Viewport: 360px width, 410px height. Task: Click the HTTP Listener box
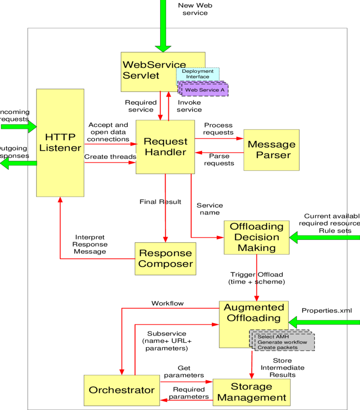pyautogui.click(x=60, y=143)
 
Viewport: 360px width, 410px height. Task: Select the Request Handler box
pyautogui.click(x=165, y=147)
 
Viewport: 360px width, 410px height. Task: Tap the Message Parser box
pyautogui.click(x=271, y=150)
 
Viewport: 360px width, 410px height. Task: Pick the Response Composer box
pyautogui.click(x=165, y=258)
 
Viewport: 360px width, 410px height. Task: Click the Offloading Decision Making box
pyautogui.click(x=256, y=237)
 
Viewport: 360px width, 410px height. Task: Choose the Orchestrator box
pyautogui.click(x=122, y=390)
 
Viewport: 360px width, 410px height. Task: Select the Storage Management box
pyautogui.click(x=251, y=392)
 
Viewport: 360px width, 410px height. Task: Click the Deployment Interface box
pyautogui.click(x=198, y=74)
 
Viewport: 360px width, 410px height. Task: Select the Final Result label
pyautogui.click(x=160, y=202)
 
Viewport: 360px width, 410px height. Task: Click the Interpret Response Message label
pyautogui.click(x=90, y=245)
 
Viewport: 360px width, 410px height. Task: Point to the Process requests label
pyautogui.click(x=218, y=129)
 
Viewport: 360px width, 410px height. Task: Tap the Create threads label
pyautogui.click(x=110, y=157)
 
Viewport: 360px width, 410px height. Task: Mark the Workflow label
pyautogui.click(x=167, y=303)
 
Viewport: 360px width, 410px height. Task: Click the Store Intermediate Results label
pyautogui.click(x=282, y=368)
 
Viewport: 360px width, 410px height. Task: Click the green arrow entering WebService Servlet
pyautogui.click(x=163, y=25)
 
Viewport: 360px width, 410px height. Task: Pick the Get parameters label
pyautogui.click(x=184, y=372)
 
